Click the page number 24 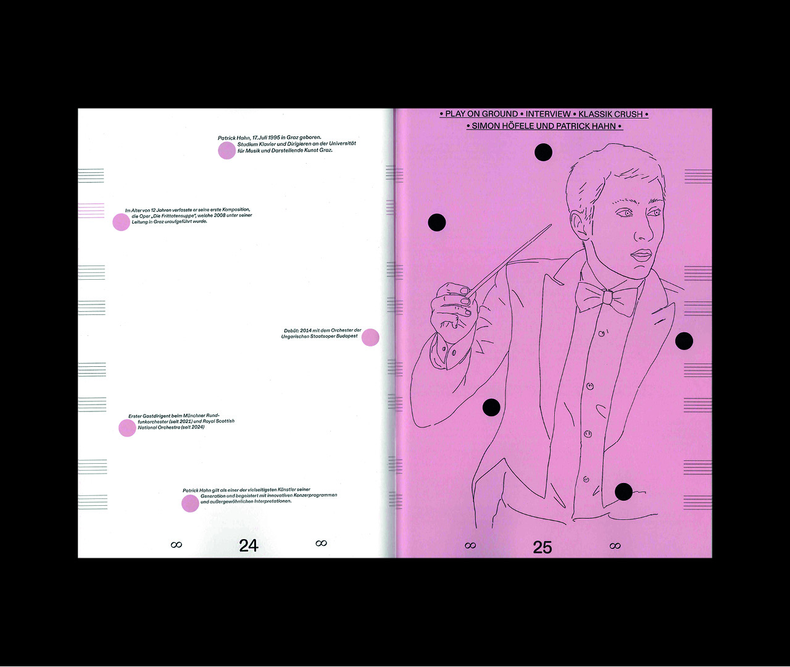click(x=249, y=545)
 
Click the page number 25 click(x=542, y=547)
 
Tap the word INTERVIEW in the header click(x=548, y=114)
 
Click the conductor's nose click(x=643, y=231)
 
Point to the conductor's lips click(x=641, y=256)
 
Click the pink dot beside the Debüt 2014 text click(x=370, y=337)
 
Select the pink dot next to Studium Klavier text click(x=227, y=151)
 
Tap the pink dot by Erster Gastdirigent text click(x=127, y=428)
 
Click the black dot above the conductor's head click(x=543, y=152)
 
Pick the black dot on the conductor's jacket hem click(x=623, y=492)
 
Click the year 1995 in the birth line click(x=274, y=138)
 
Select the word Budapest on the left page click(x=347, y=336)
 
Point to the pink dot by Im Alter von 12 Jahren click(x=122, y=222)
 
